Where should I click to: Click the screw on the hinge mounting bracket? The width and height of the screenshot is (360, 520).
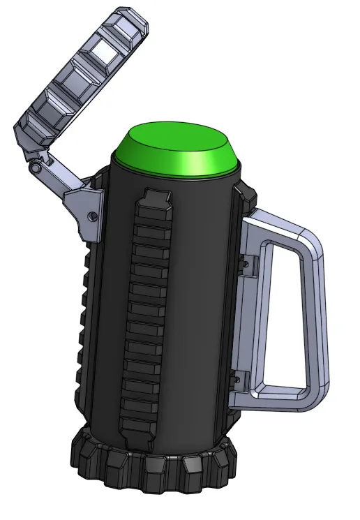pos(92,217)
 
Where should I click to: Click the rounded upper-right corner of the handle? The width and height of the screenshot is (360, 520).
pos(313,241)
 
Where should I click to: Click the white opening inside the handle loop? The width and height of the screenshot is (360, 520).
pos(283,314)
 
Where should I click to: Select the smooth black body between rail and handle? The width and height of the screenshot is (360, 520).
pos(202,314)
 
